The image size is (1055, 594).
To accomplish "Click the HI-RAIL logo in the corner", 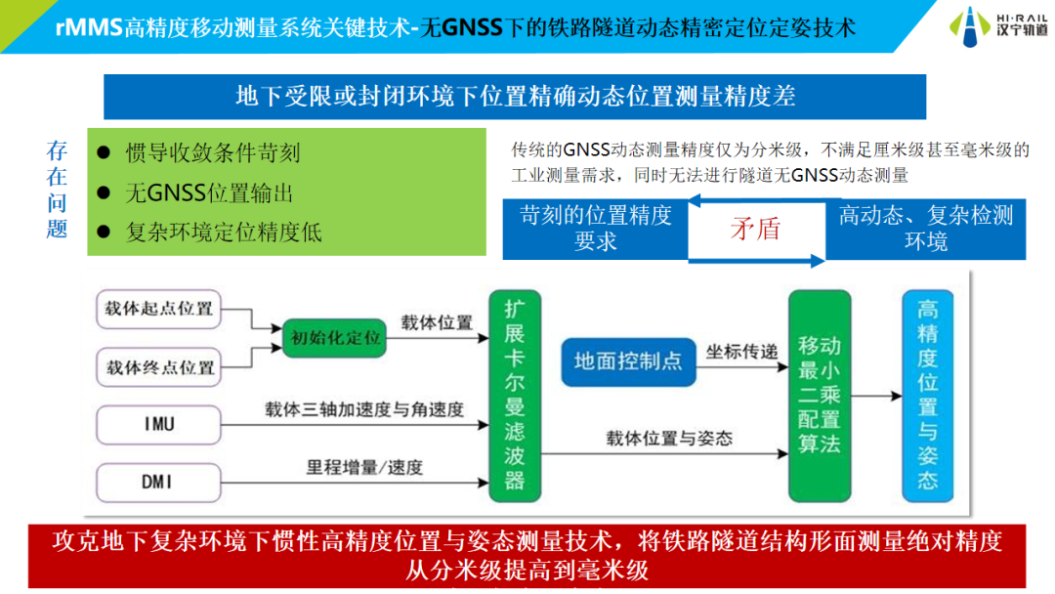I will tap(998, 26).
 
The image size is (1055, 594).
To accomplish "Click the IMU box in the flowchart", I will tap(158, 423).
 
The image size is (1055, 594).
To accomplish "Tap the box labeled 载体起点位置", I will tap(159, 309).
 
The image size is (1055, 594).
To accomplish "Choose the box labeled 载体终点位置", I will tap(159, 367).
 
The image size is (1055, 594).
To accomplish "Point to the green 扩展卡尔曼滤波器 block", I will tap(515, 397).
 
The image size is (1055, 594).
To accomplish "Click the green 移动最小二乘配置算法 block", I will tap(819, 397).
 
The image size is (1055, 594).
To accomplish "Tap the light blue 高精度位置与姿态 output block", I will tap(928, 395).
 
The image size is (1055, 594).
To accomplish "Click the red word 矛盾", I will tap(756, 230).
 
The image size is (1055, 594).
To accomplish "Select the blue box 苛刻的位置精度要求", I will tap(596, 229).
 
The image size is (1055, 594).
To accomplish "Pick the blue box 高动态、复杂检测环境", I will tap(926, 229).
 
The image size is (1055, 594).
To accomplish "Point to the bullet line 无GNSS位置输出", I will tap(209, 193).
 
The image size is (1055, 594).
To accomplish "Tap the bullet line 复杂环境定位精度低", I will tap(224, 233).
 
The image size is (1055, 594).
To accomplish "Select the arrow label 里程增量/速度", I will tap(364, 467).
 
